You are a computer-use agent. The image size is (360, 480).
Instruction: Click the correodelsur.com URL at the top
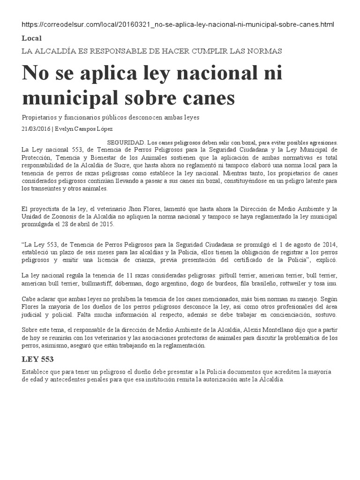(178, 24)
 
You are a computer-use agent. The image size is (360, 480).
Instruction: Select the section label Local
(31, 38)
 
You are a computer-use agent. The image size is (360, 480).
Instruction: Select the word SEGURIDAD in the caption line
(126, 142)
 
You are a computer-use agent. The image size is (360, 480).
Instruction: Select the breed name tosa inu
(324, 284)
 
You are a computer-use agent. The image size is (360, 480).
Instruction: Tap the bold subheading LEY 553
(38, 360)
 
